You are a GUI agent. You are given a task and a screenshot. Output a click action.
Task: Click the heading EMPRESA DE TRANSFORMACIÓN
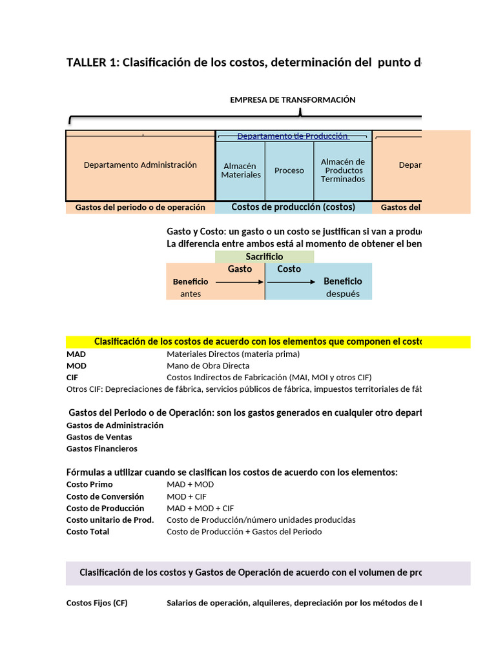[x=293, y=100]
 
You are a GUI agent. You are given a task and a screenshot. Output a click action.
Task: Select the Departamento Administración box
[x=140, y=165]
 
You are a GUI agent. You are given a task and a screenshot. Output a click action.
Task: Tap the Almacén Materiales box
[x=241, y=170]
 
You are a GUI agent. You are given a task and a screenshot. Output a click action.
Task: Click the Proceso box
[x=289, y=170]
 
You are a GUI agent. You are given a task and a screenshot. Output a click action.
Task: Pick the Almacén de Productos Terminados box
[x=343, y=170]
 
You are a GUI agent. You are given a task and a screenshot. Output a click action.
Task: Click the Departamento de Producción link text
[x=293, y=136]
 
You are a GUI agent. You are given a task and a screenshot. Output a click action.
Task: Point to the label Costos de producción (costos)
[x=293, y=207]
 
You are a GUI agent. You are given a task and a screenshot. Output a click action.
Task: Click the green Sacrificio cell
[x=264, y=257]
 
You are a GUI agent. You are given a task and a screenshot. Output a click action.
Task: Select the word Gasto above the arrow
[x=240, y=269]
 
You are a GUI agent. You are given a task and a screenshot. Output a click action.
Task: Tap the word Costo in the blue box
[x=289, y=269]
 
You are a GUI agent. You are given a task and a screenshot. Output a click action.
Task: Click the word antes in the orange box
[x=191, y=294]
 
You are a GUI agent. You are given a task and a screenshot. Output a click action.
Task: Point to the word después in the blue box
[x=342, y=294]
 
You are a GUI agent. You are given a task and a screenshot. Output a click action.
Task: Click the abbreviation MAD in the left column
[x=76, y=354]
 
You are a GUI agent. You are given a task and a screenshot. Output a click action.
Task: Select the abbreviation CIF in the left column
[x=73, y=377]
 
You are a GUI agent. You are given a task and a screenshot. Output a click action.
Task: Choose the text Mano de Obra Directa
[x=208, y=365]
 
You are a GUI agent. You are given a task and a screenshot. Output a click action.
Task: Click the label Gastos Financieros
[x=102, y=449]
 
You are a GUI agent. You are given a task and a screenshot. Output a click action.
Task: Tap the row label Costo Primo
[x=90, y=484]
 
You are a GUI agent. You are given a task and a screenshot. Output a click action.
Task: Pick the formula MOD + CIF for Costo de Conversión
[x=187, y=496]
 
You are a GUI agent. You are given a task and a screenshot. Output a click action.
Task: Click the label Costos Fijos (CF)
[x=97, y=603]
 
